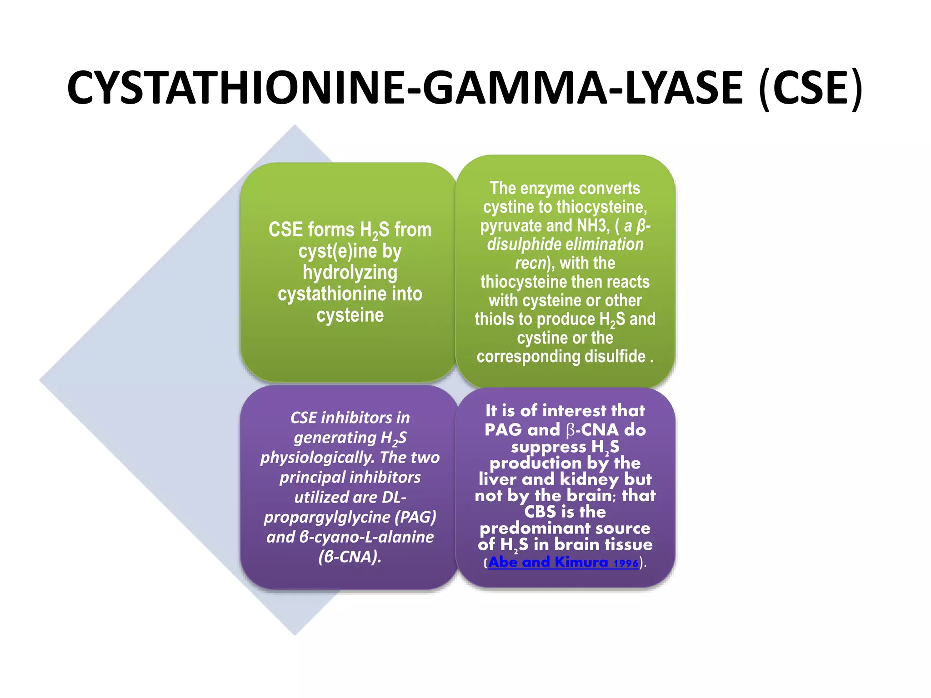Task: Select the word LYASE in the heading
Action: (x=684, y=88)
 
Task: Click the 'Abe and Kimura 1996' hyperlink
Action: (x=563, y=563)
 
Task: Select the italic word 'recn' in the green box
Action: (x=530, y=263)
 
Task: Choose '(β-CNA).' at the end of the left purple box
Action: (x=350, y=557)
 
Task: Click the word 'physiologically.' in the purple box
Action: (x=318, y=458)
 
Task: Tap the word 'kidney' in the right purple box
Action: (x=589, y=479)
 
